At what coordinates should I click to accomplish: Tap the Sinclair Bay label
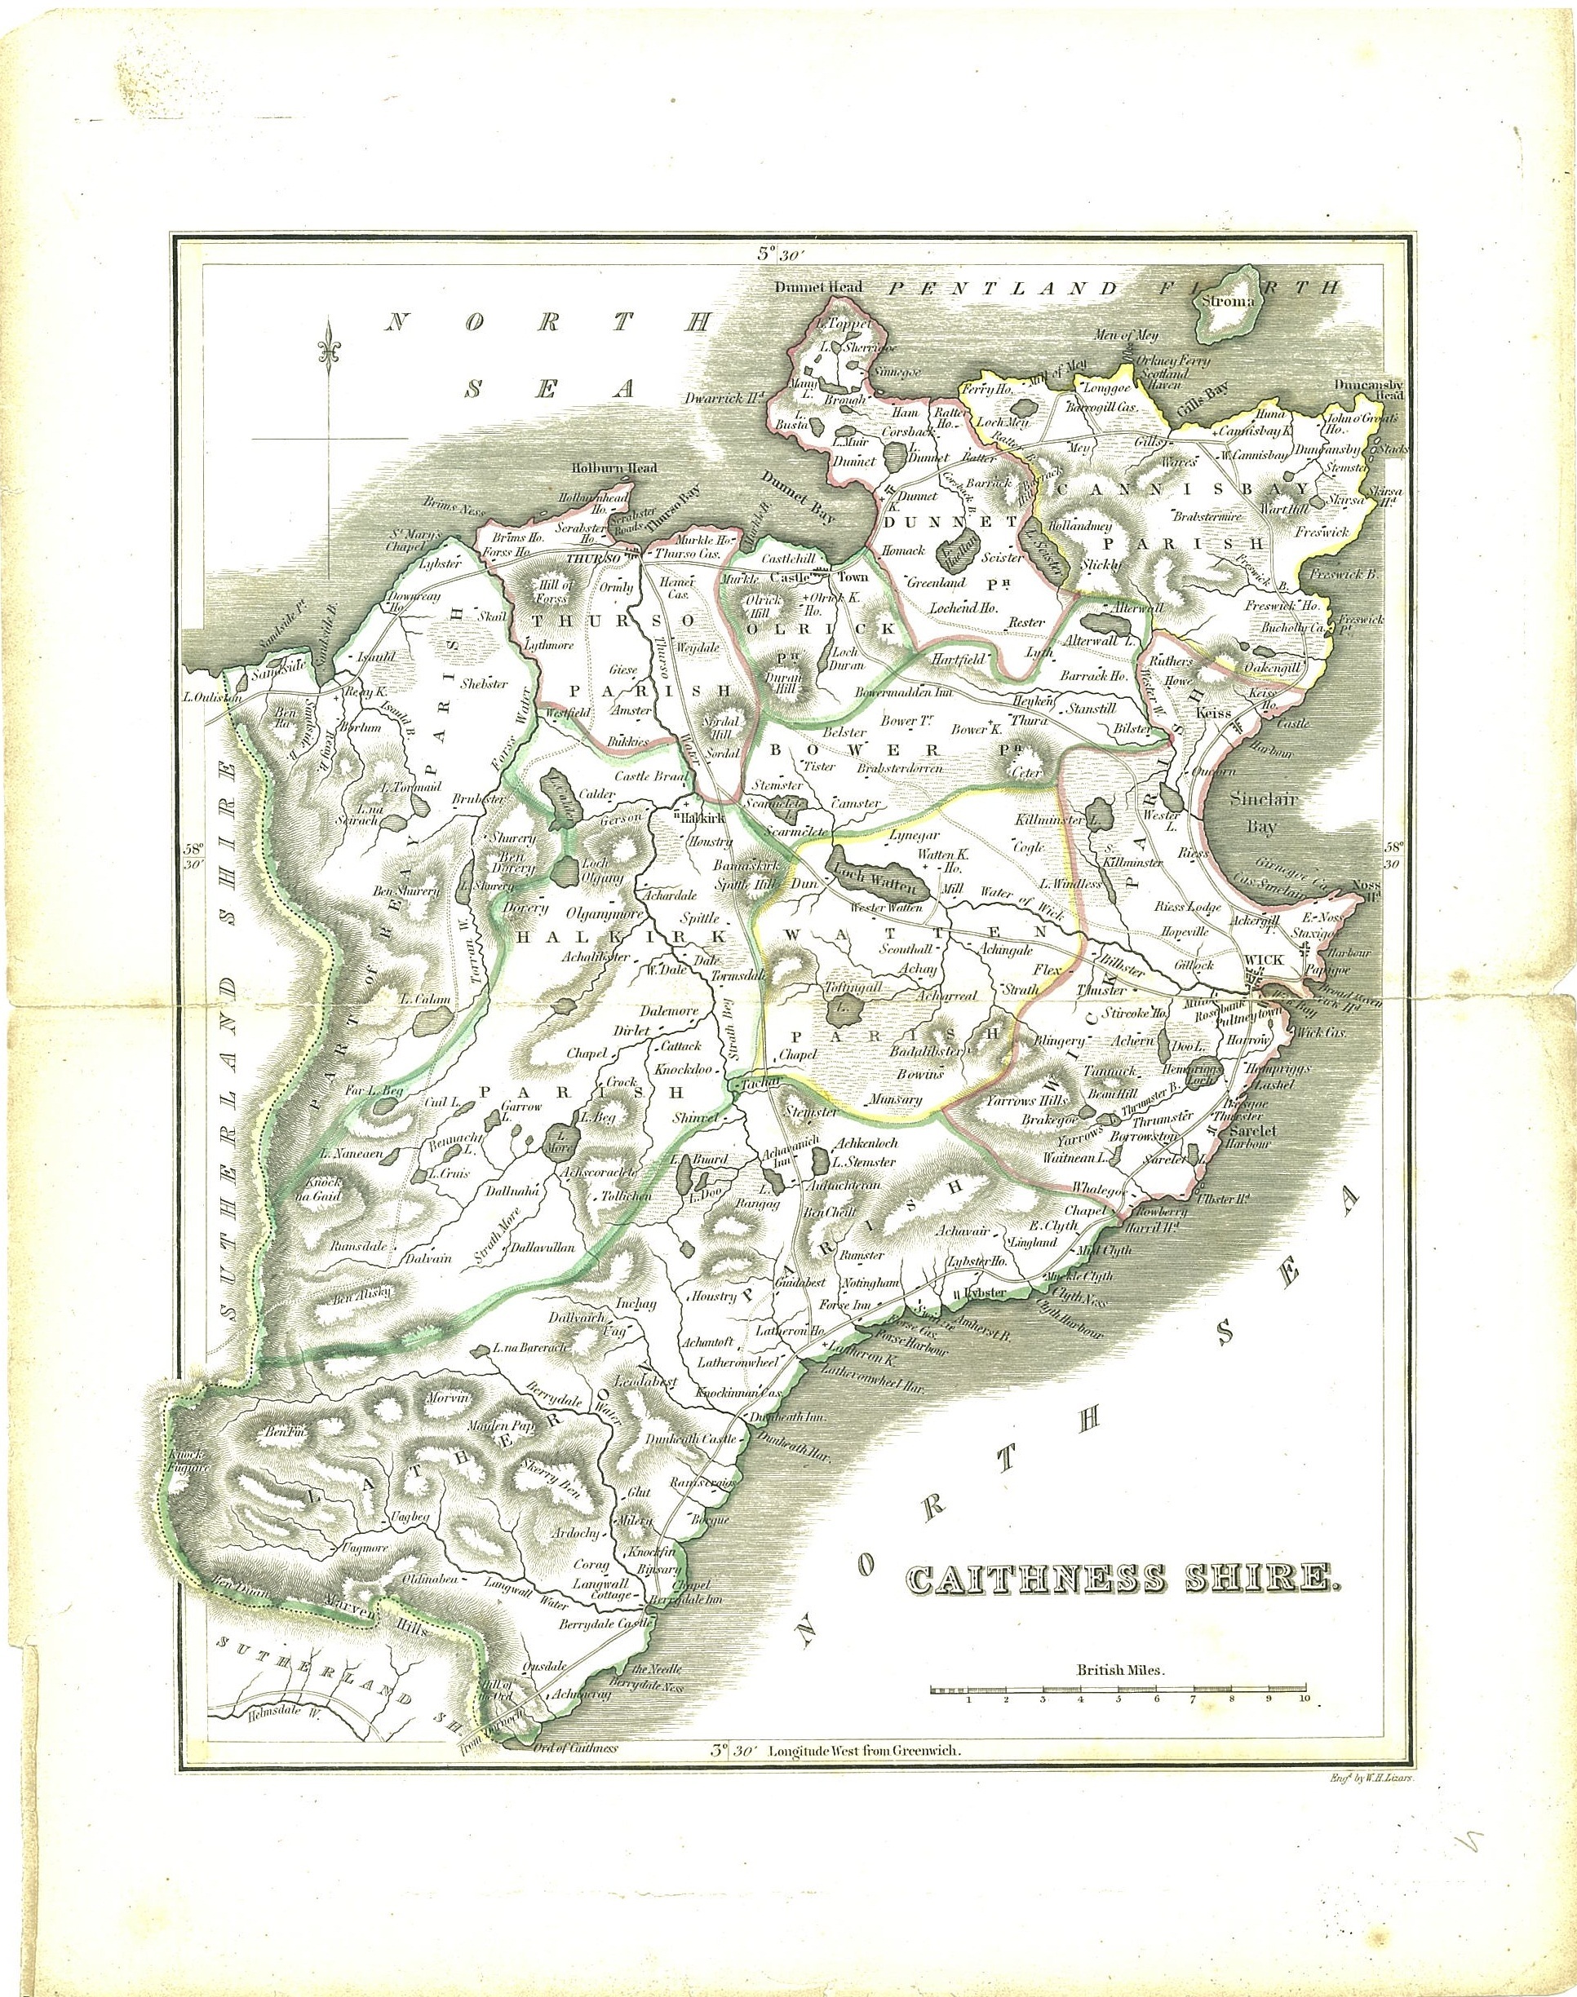(x=1261, y=815)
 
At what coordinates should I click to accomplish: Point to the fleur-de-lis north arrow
(x=328, y=351)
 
